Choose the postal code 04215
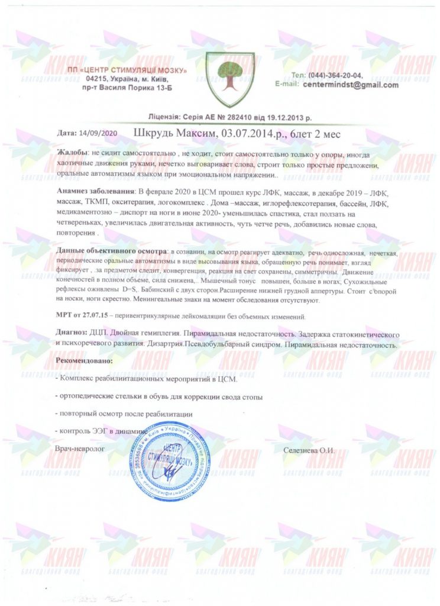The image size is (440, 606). (97, 79)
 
